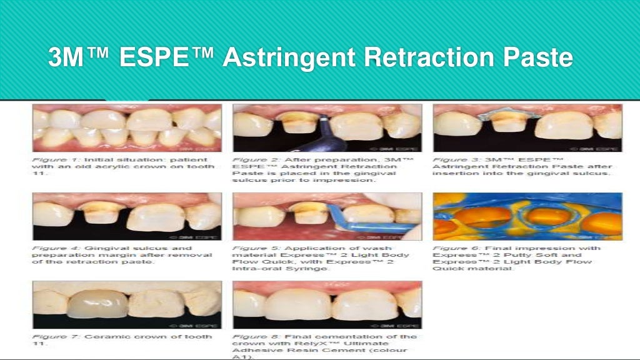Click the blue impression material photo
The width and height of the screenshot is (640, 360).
pyautogui.click(x=527, y=216)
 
